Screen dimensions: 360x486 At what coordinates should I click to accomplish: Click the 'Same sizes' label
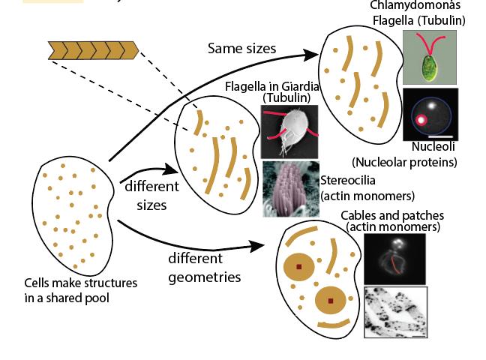pos(241,49)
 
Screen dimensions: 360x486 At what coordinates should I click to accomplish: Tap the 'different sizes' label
pos(151,195)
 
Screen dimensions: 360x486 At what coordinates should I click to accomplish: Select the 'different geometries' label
pos(204,267)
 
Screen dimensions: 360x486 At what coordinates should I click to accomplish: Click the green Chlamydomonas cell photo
pos(429,57)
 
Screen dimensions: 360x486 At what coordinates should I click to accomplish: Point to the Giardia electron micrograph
pos(289,131)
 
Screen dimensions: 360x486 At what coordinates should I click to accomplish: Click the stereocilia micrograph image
pos(290,189)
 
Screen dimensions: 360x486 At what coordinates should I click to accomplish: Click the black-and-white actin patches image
pos(395,311)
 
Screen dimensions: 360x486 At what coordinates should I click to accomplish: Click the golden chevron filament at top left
pos(93,50)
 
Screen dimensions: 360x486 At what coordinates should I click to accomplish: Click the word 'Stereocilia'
pos(347,181)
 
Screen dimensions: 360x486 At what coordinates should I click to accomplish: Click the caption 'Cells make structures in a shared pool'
pos(80,290)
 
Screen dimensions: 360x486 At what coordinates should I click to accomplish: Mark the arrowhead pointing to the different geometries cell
pos(261,246)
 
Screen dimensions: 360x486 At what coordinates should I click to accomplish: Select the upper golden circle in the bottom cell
pos(298,266)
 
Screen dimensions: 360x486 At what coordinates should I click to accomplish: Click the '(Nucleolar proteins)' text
pos(404,161)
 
